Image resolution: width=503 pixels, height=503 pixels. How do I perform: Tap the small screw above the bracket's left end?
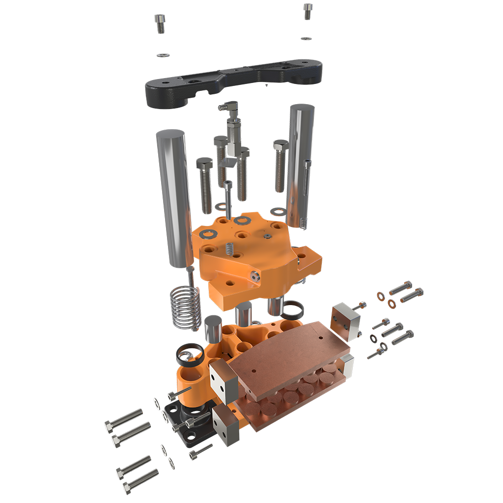click(160, 22)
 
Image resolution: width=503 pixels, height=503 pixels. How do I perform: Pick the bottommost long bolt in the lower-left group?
click(140, 480)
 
